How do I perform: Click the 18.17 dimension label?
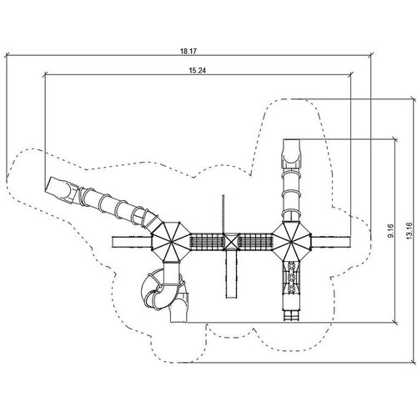(x=188, y=51)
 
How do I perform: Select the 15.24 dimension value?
(x=198, y=70)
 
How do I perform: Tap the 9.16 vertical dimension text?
(x=390, y=230)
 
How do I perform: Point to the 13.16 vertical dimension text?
(x=409, y=230)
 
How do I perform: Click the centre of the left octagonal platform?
(x=170, y=242)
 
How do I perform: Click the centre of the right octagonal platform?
(x=291, y=241)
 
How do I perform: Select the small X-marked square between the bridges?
(x=231, y=241)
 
